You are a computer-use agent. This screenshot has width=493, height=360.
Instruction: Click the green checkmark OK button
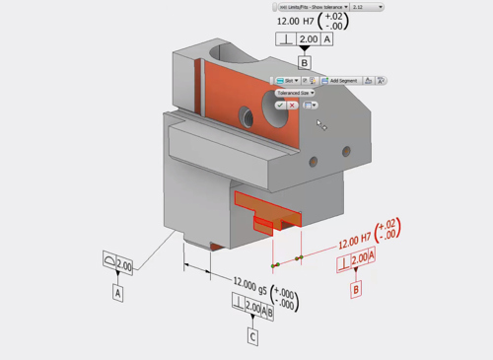click(x=281, y=105)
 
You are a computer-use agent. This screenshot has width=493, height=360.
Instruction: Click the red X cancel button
click(x=293, y=105)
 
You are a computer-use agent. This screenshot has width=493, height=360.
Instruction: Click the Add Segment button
click(x=342, y=81)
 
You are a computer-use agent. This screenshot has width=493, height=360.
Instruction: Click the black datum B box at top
click(x=305, y=62)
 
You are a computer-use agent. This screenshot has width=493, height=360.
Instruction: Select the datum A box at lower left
click(x=117, y=293)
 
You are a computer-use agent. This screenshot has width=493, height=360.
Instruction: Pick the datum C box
click(x=252, y=337)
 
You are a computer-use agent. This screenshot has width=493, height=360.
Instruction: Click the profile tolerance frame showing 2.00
click(x=117, y=263)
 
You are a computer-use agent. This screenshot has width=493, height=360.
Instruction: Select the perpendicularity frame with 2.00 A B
click(x=258, y=309)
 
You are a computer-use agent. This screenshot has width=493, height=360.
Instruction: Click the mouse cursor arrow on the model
click(x=319, y=124)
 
